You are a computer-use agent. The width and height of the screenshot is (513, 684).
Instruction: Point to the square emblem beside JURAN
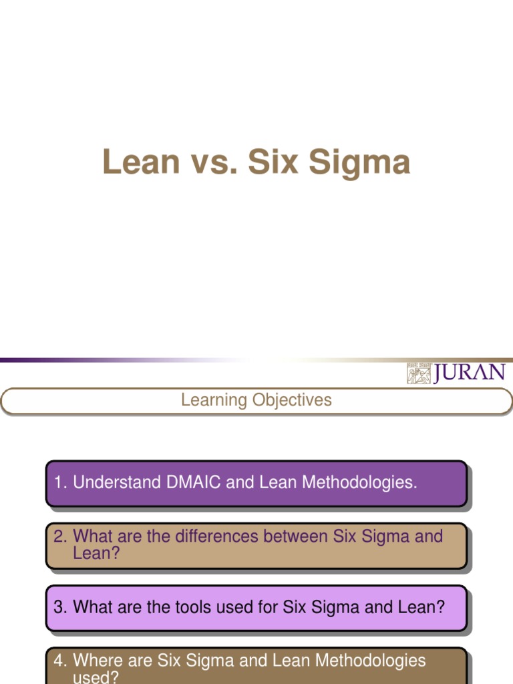pyautogui.click(x=419, y=373)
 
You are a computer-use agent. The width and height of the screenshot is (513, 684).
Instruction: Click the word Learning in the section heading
pyautogui.click(x=214, y=400)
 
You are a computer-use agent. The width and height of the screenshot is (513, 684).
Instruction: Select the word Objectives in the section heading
pyautogui.click(x=292, y=400)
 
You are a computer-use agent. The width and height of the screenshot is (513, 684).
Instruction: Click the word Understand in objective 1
pyautogui.click(x=113, y=482)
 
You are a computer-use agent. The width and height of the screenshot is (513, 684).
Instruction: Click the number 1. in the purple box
pyautogui.click(x=61, y=482)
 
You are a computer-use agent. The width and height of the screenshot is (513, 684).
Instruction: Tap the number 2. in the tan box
pyautogui.click(x=61, y=536)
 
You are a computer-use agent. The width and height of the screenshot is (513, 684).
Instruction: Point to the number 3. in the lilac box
pyautogui.click(x=61, y=607)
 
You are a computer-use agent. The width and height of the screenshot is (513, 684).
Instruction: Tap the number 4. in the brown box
pyautogui.click(x=61, y=661)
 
